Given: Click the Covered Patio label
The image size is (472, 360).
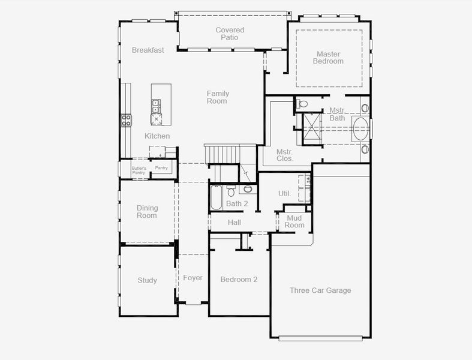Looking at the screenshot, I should [230, 34].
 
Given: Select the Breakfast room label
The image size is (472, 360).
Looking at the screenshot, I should [148, 50].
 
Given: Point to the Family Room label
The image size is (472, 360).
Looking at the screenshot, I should [218, 97].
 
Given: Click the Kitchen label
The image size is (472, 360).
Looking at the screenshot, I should [157, 136].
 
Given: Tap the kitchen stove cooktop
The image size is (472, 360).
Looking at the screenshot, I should [127, 119].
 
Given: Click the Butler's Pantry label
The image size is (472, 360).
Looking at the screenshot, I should [139, 170].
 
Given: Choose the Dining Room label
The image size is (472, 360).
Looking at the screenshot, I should [147, 211].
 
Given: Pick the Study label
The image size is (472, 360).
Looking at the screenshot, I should [147, 280].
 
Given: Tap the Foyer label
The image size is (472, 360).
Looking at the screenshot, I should [193, 278].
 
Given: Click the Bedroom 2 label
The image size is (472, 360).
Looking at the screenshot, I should [239, 280].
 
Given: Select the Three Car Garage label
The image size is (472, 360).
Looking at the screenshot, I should [320, 290].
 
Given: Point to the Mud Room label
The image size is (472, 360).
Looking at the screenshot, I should [295, 221].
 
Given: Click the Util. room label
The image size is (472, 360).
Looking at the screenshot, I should [284, 194].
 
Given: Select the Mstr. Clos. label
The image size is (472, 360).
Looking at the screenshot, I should [284, 155].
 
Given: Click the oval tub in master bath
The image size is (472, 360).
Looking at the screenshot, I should [361, 129].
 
